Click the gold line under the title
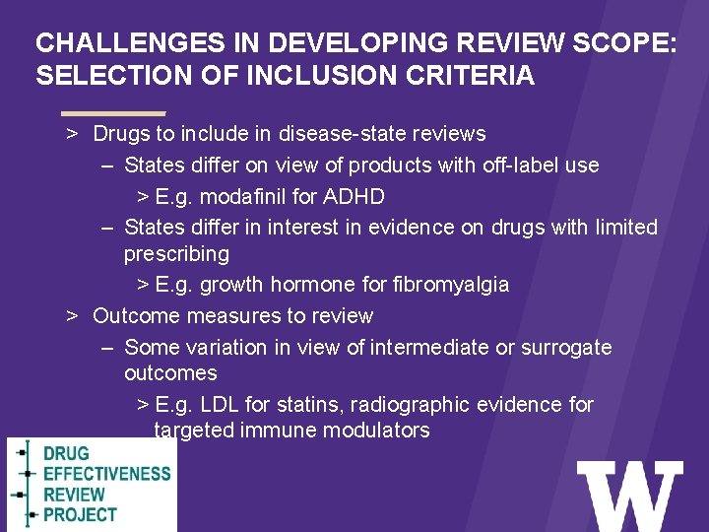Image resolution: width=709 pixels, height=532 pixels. (x=112, y=112)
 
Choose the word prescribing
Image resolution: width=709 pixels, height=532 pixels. (x=176, y=254)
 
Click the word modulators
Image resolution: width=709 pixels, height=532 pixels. (x=378, y=431)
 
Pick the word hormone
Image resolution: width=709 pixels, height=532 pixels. (x=300, y=285)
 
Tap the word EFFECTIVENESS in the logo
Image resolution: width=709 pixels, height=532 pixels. (x=106, y=474)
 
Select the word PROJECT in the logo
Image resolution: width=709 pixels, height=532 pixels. (x=80, y=514)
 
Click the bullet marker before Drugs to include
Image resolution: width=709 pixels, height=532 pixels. (x=72, y=133)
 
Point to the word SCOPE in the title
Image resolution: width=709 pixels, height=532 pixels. (x=611, y=43)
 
